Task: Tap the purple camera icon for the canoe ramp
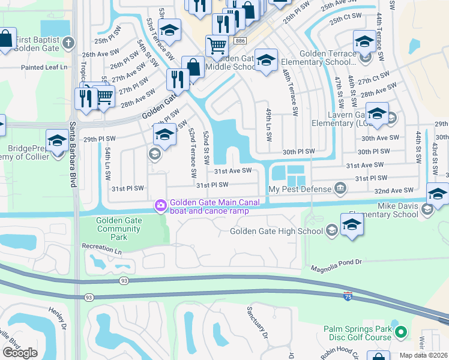tap(160, 206)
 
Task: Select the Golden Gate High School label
tap(276, 232)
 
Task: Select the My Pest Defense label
tap(300, 189)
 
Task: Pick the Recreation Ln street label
tap(106, 247)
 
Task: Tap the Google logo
tap(20, 352)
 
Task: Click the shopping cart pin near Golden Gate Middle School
tap(217, 46)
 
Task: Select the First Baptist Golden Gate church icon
tap(69, 43)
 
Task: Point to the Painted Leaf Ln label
tap(44, 67)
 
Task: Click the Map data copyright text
tap(423, 355)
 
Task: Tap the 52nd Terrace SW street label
tap(192, 152)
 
